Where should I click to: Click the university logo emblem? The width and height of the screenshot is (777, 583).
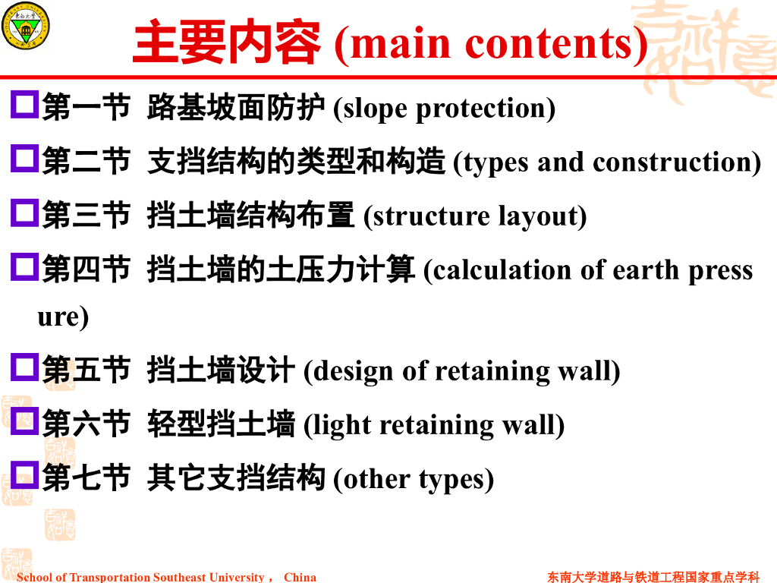click(x=25, y=26)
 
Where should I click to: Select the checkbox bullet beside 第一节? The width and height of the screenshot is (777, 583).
click(x=25, y=104)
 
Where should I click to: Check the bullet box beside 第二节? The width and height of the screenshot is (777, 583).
click(x=25, y=158)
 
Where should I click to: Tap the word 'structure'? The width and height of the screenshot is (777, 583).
click(x=432, y=216)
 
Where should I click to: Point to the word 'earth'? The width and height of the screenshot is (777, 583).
click(x=646, y=271)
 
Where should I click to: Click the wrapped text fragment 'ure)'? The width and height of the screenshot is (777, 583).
click(x=63, y=317)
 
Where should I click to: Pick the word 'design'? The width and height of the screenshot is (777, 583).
click(x=354, y=371)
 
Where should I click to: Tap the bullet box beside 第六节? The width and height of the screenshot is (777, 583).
click(x=25, y=421)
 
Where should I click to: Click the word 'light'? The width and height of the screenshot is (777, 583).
click(x=341, y=425)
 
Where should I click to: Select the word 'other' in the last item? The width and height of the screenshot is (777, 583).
click(x=376, y=480)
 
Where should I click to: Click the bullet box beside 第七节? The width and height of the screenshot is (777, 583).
click(x=25, y=475)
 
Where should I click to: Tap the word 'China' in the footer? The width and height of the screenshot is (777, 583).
click(x=300, y=577)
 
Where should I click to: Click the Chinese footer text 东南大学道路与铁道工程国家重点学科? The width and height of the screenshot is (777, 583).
click(x=653, y=577)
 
